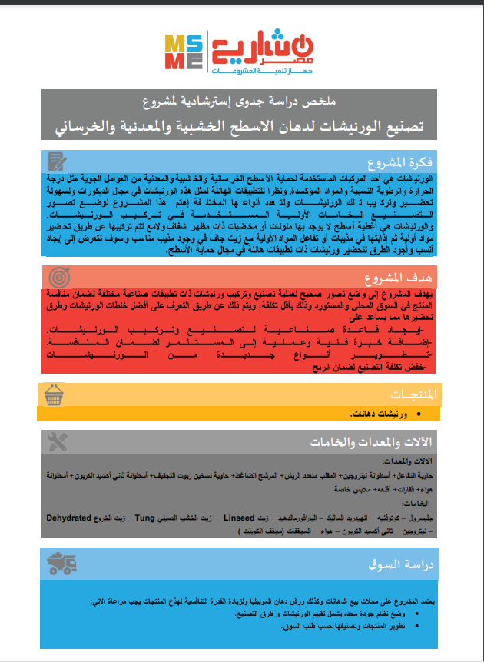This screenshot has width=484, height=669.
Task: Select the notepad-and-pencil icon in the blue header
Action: pyautogui.click(x=58, y=161)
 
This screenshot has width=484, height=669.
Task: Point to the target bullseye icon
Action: pyautogui.click(x=59, y=278)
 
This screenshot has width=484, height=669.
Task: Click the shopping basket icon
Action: pyautogui.click(x=55, y=394)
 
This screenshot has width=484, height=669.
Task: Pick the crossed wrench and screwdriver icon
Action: pyautogui.click(x=58, y=441)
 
